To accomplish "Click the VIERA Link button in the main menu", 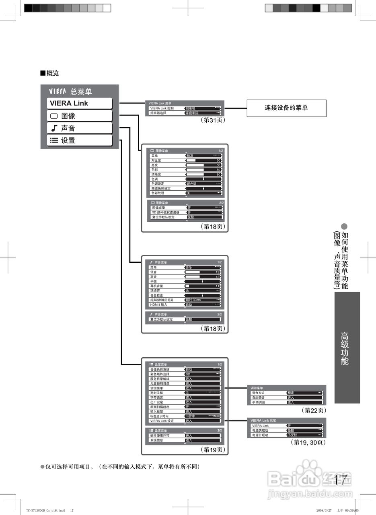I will [x=79, y=103].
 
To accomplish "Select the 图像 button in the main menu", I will [x=79, y=116].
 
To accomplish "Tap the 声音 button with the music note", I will [x=79, y=128].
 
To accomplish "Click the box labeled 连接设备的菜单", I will [x=286, y=108].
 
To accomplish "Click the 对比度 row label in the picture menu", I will [x=156, y=161].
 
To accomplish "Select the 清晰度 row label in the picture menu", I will [x=156, y=175].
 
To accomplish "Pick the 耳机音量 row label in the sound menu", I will [x=157, y=286].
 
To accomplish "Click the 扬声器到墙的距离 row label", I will [x=162, y=300].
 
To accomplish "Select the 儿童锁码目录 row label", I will [x=160, y=383].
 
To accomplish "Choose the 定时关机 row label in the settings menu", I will [x=157, y=393].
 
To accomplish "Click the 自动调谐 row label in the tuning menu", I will [x=258, y=398].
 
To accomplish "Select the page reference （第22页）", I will [x=313, y=410].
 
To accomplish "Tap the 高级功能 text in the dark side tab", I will [x=345, y=348].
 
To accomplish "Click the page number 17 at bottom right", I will [x=341, y=480].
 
